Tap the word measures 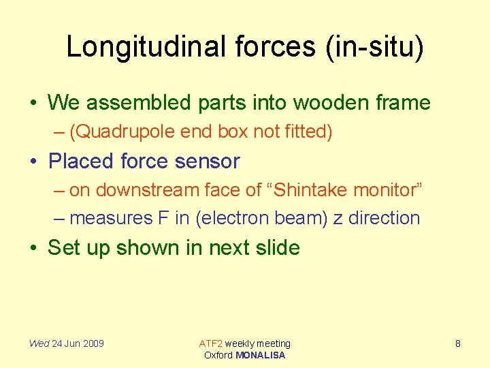(102, 218)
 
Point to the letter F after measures (145, 218)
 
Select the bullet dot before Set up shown (33, 248)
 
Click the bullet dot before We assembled (33, 104)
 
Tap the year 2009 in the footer (93, 343)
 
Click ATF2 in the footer (210, 343)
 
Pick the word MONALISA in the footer (260, 355)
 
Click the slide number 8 (457, 343)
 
